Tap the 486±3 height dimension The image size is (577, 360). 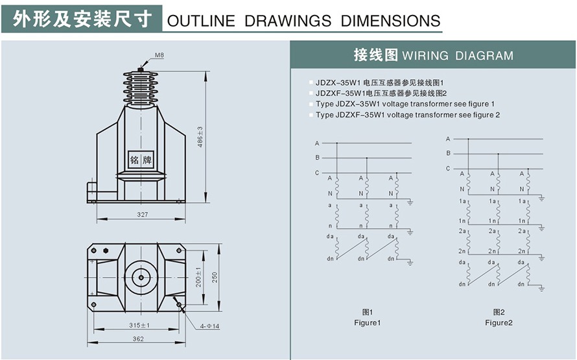pos(200,136)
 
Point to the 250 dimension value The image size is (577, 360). pos(214,277)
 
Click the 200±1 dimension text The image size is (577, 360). pos(198,277)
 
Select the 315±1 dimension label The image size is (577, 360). pos(140,325)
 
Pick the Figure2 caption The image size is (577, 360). pos(499,322)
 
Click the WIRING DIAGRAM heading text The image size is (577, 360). pos(458,56)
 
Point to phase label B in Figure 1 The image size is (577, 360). pos(317,158)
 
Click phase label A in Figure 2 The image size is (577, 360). pos(448,139)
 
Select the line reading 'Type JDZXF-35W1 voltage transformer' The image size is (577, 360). pos(408,115)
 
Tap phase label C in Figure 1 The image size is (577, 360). pos(317,173)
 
